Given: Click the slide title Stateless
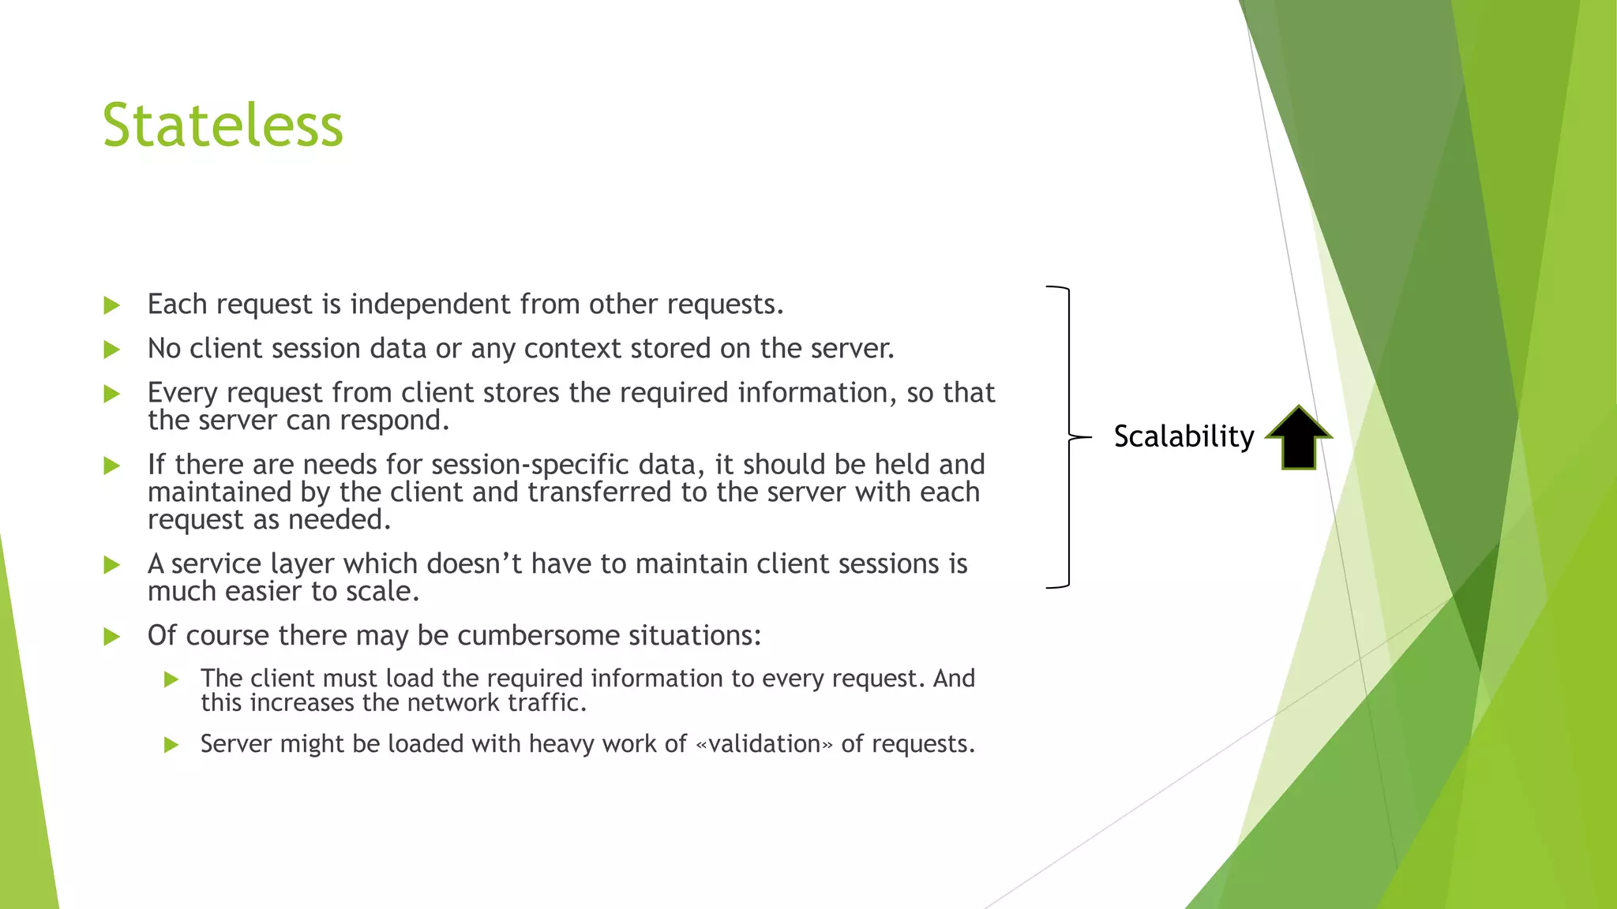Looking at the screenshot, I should coord(223,125).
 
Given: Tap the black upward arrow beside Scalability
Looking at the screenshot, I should coord(1298,438).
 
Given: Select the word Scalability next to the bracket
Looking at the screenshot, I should coord(1184,436).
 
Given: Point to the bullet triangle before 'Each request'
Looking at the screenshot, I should coord(111,305).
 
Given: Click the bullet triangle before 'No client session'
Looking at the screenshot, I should coord(111,350).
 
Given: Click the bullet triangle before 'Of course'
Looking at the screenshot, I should coord(111,637).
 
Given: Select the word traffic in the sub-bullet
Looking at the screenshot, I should coord(547,702).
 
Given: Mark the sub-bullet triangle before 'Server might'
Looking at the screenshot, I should coord(171,745).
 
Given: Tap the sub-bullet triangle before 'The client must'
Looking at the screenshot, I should coord(171,679).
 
